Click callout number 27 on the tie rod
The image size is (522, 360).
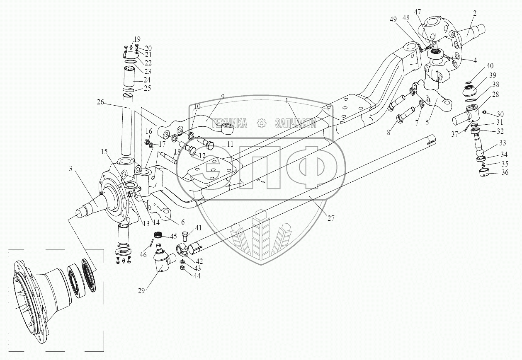click(x=330, y=219)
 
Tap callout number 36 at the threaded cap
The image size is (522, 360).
click(x=505, y=173)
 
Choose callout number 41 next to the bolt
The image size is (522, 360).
click(x=199, y=227)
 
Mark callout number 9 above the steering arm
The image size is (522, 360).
click(x=223, y=97)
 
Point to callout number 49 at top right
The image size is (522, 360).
click(x=393, y=19)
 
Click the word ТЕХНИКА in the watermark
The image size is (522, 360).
click(x=229, y=123)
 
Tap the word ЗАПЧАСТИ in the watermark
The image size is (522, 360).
click(x=296, y=123)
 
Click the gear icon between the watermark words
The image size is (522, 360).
click(x=261, y=123)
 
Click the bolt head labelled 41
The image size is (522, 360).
click(x=185, y=237)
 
